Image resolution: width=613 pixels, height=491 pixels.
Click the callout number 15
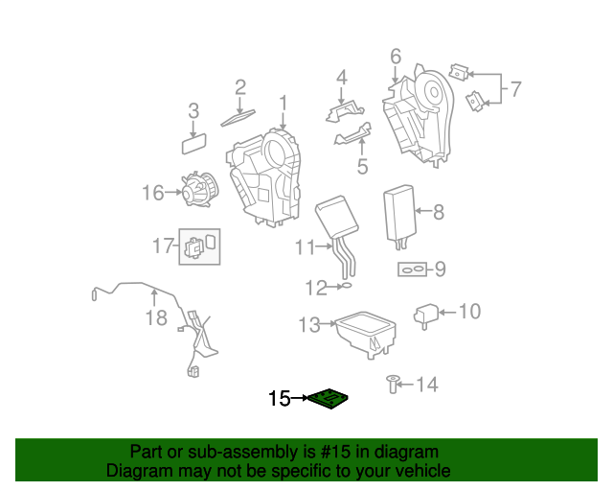coord(279,398)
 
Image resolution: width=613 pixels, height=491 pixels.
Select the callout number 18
coord(156,317)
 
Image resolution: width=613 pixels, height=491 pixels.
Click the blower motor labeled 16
coord(203,187)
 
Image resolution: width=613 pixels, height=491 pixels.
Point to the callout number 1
coord(283,102)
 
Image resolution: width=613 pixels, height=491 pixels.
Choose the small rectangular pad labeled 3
coord(195,145)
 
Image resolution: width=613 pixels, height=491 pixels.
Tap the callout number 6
coord(395,58)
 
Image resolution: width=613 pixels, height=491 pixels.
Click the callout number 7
coord(515,90)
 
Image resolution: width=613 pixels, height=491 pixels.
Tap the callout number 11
coord(305,247)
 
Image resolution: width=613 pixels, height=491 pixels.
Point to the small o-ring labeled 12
coord(349,285)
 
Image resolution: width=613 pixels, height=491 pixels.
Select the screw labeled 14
coord(393,384)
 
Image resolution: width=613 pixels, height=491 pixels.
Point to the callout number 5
coord(362,167)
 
